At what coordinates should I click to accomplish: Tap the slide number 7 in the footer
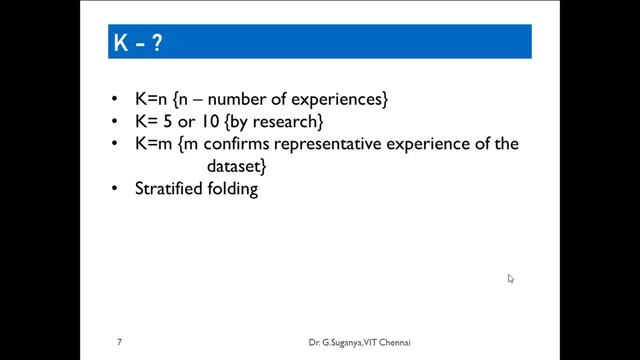pyautogui.click(x=119, y=343)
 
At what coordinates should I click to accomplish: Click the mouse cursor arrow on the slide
pyautogui.click(x=510, y=279)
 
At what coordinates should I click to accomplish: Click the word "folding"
pyautogui.click(x=233, y=188)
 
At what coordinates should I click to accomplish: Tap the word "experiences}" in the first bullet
pyautogui.click(x=342, y=100)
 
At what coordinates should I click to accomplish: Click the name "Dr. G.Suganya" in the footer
pyautogui.click(x=339, y=343)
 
